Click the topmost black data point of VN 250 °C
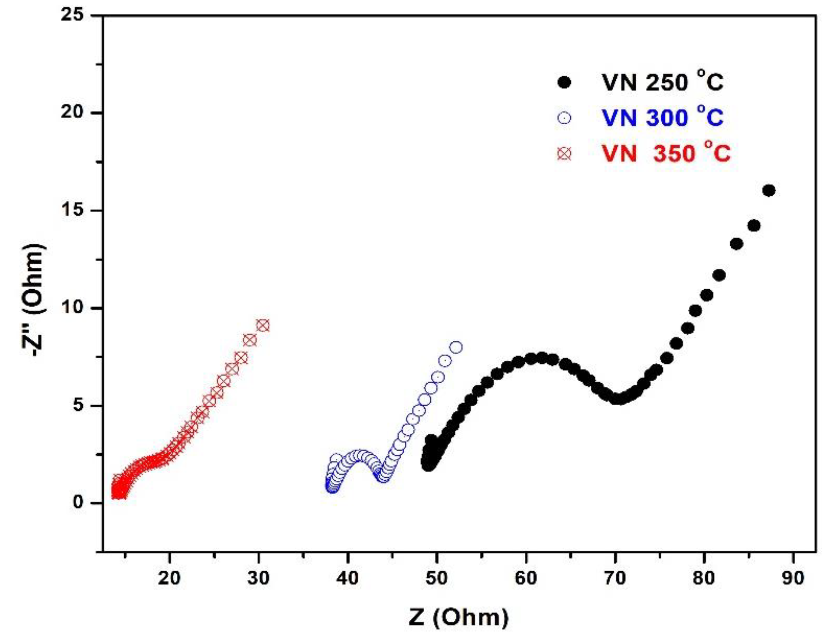coord(769,190)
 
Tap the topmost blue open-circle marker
coord(456,348)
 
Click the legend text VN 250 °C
coord(662,82)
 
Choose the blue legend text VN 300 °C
coord(662,117)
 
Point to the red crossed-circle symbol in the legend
coord(564,154)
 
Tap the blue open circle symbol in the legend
coord(564,118)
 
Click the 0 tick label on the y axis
coord(78,502)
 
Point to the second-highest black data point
coord(754,226)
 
